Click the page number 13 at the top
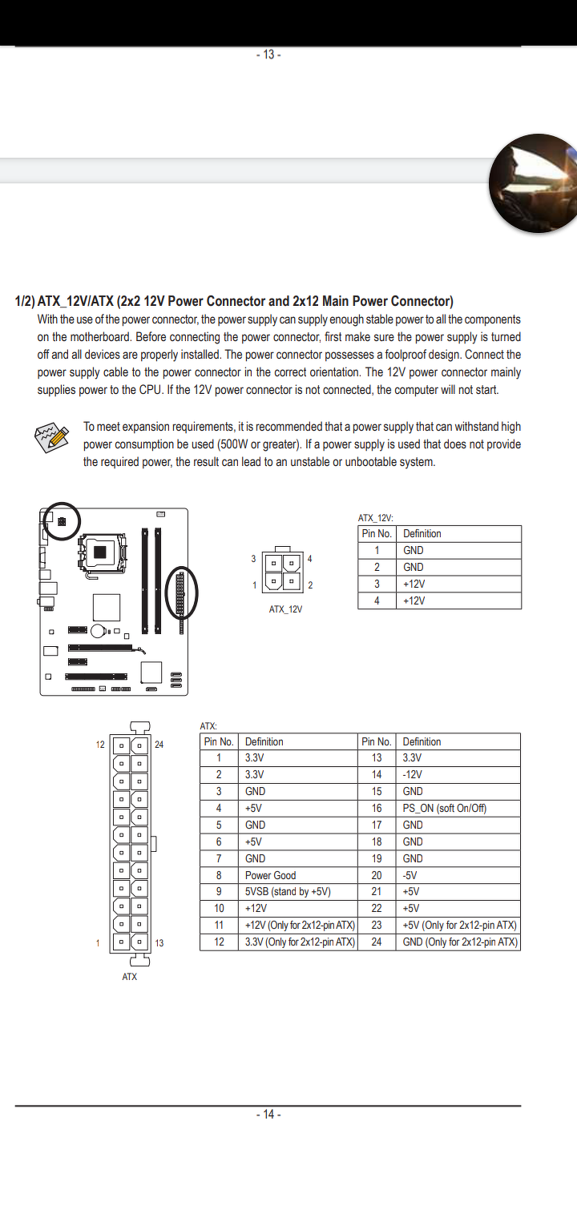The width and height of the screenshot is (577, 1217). (268, 54)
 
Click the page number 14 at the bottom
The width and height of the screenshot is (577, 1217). (268, 1115)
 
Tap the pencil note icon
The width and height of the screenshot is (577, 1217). (52, 437)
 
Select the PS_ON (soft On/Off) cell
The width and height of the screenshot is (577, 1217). (445, 808)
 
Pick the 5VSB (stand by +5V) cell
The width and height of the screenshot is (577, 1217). (288, 892)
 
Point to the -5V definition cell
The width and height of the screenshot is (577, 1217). (410, 875)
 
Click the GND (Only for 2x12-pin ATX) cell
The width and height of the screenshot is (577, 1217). (460, 942)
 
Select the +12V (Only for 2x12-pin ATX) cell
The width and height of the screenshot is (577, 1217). (300, 926)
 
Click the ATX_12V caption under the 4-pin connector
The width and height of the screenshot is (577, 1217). (285, 609)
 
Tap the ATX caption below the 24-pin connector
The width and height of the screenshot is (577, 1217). (130, 977)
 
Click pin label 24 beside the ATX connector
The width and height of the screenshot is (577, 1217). (159, 745)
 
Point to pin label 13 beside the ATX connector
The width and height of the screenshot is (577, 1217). (159, 943)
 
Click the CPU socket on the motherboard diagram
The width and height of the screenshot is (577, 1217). (101, 551)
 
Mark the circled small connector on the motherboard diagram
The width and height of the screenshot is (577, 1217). (62, 521)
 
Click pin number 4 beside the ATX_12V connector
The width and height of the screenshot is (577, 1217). (309, 559)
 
